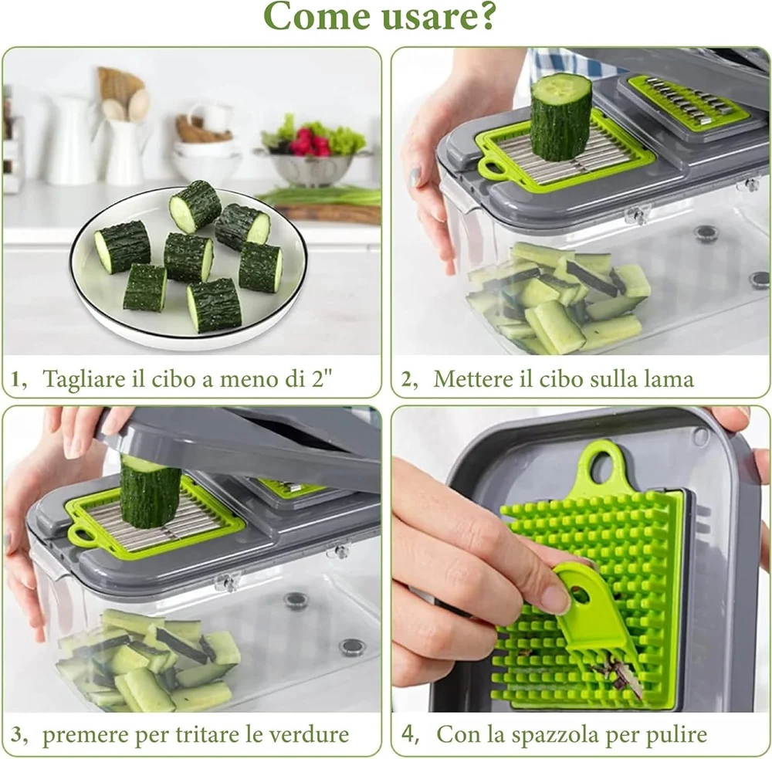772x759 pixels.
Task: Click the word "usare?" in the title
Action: tap(434, 15)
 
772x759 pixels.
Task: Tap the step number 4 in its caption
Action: tap(408, 734)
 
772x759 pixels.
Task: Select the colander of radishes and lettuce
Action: tap(313, 153)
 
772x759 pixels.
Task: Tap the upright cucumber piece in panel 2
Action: tap(560, 117)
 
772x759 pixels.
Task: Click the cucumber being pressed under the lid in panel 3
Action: tap(150, 490)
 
